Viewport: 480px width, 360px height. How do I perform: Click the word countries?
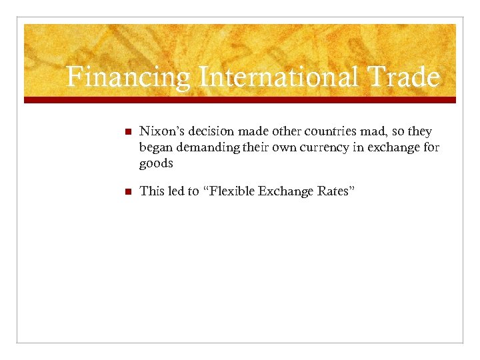point(318,132)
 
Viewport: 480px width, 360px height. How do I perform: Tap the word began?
point(155,147)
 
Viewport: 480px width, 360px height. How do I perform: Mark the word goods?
point(156,163)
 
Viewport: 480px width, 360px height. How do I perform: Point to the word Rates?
point(335,191)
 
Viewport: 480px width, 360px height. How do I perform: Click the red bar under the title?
point(240,99)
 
